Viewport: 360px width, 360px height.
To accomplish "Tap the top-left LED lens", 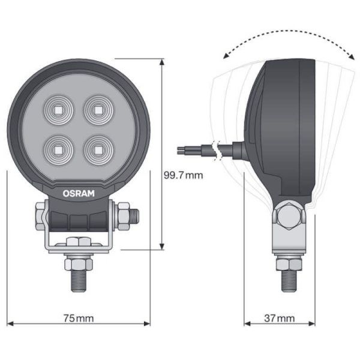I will [58, 109].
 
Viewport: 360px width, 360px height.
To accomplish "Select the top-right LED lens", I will [97, 109].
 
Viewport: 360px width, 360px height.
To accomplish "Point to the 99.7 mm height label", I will [184, 175].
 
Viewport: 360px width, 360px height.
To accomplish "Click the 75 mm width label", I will [77, 319].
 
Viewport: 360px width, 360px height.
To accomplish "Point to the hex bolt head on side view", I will [289, 216].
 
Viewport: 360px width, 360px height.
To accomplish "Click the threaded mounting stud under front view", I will [78, 279].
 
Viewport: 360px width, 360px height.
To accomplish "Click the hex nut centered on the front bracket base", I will [78, 242].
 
